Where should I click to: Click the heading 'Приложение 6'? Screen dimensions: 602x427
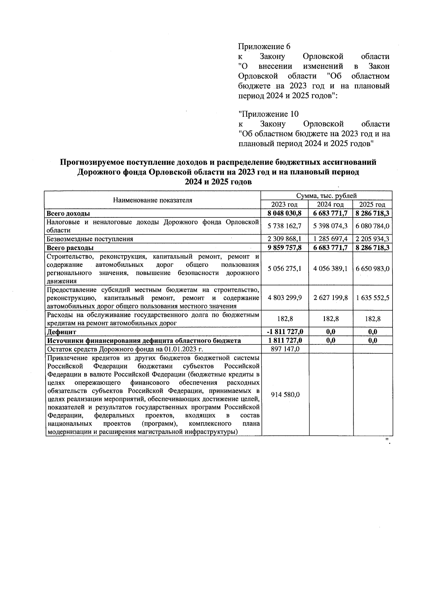pos(264,47)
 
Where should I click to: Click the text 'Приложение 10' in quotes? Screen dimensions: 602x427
pos(268,114)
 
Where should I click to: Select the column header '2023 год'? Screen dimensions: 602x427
pos(284,205)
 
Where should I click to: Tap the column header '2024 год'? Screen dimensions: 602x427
pos(330,205)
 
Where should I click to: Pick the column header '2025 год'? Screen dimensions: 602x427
pos(372,205)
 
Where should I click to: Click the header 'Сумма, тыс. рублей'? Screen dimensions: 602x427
pos(326,196)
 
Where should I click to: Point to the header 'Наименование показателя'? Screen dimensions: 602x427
pos(152,200)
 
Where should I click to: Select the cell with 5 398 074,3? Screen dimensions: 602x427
pos(330,226)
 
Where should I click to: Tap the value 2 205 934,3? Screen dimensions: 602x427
pos(372,239)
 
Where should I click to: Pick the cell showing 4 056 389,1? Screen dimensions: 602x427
pos(330,269)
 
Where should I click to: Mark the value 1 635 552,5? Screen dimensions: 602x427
pos(372,297)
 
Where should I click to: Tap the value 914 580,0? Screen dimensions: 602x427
pos(285,395)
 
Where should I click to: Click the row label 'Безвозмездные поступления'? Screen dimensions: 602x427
pos(90,239)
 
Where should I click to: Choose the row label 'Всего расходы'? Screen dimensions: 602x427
pos(70,248)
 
